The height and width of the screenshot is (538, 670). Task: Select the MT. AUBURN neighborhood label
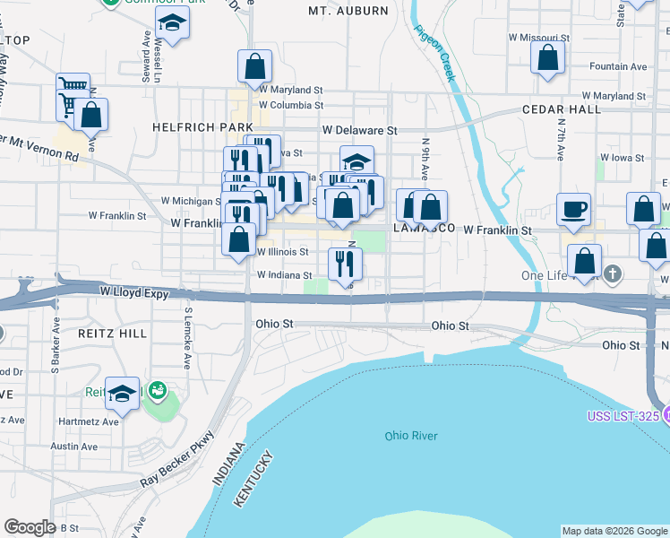point(348,11)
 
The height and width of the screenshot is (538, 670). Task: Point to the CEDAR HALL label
point(562,109)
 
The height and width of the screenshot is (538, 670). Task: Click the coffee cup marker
point(573,210)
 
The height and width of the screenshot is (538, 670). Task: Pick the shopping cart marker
point(73,90)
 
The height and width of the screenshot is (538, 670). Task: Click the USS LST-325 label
point(628,415)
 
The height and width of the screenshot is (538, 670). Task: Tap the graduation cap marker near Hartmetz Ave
point(122,393)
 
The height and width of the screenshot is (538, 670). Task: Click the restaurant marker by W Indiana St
point(345,263)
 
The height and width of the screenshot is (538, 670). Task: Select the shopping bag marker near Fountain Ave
point(547,57)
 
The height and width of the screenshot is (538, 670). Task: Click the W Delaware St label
point(360,130)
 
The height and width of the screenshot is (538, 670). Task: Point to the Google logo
point(30,527)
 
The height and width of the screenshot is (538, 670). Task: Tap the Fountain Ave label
point(618,66)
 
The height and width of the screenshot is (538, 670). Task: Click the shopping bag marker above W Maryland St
point(255,65)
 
